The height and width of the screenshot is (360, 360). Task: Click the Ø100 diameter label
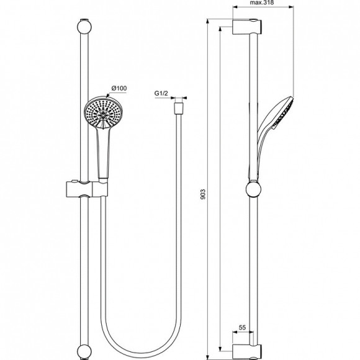[x=119, y=89]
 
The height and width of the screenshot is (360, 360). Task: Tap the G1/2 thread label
[x=162, y=94]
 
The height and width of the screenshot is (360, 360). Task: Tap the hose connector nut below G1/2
[x=179, y=107]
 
